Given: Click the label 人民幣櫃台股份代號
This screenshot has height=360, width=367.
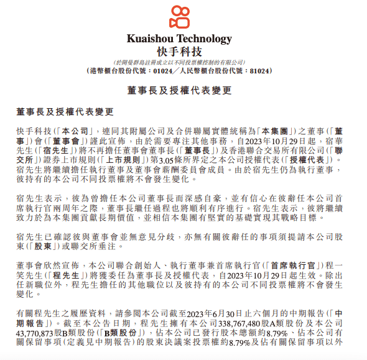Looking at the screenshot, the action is (x=213, y=71).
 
